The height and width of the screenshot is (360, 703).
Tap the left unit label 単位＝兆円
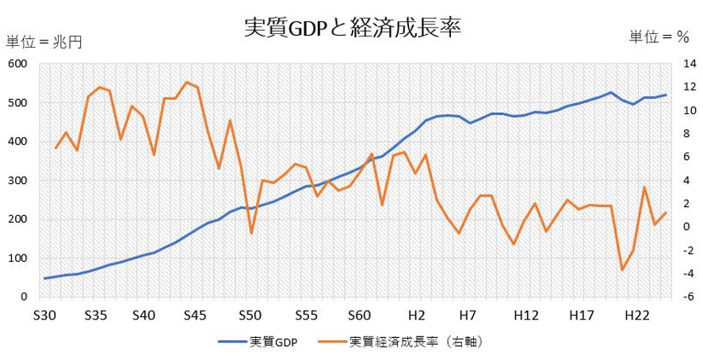(x=44, y=42)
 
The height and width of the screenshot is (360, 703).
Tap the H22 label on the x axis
(x=634, y=315)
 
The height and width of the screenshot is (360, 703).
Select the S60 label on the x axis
(x=360, y=315)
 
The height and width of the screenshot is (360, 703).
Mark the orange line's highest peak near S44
(x=186, y=82)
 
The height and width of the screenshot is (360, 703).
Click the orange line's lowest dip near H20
(x=622, y=270)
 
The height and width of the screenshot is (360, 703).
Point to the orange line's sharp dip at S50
(x=251, y=233)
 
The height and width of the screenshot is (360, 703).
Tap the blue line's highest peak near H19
(x=611, y=93)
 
